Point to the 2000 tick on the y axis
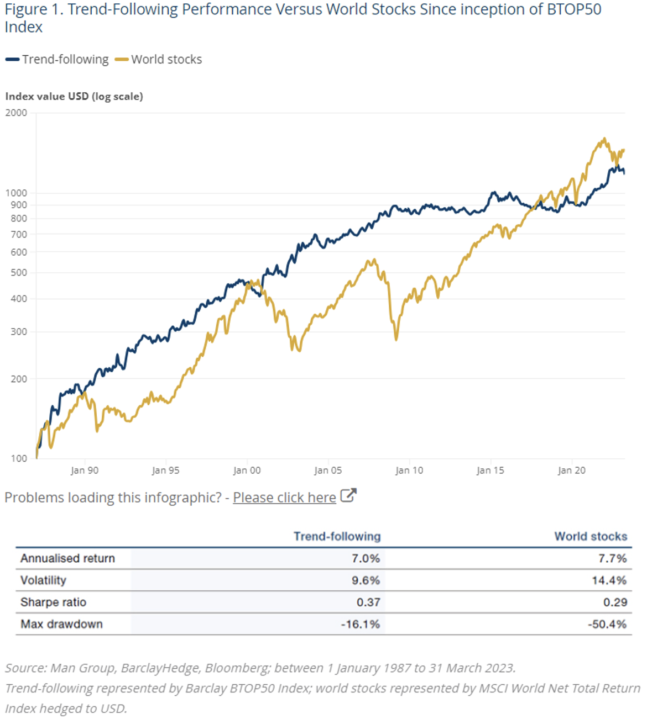pos(16,113)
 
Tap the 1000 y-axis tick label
pos(16,193)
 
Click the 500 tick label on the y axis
pos(19,272)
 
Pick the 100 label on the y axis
pos(19,458)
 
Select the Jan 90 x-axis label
pos(85,470)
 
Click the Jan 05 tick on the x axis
pos(328,470)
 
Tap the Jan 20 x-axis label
pos(571,470)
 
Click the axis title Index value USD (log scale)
pos(74,97)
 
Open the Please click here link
pos(284,498)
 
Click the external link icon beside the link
pos(348,495)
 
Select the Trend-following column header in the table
pos(337,536)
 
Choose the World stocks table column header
pos(591,536)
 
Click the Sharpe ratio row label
pos(53,602)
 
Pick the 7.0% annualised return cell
pos(366,558)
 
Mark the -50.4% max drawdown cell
pos(607,625)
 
